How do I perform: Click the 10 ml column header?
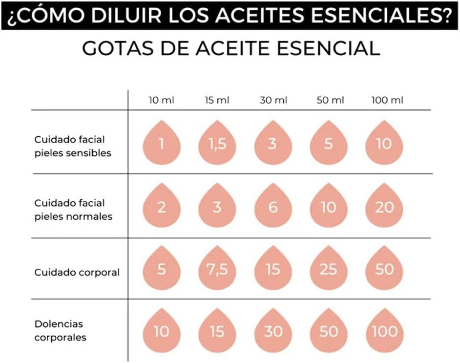pos(161,101)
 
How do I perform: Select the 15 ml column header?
pos(217,101)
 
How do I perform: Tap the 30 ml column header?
pos(273,101)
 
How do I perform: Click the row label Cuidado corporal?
pos(77,273)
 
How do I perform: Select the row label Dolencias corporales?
pos(60,330)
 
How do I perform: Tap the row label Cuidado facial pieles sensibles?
pos(73,146)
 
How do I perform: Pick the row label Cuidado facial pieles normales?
pos(73,210)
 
